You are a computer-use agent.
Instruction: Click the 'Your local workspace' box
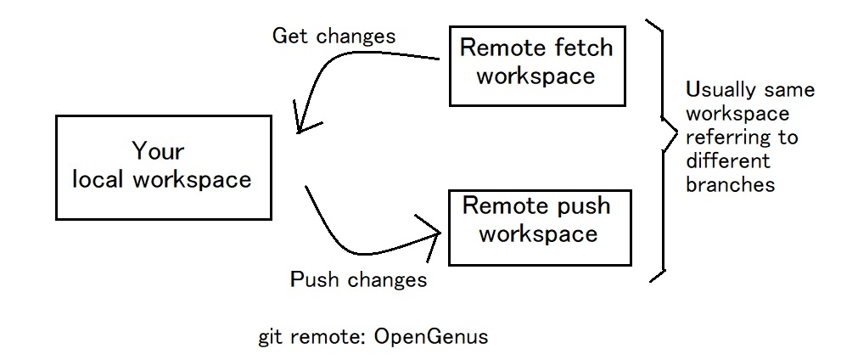(164, 166)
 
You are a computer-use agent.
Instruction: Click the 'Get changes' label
(334, 37)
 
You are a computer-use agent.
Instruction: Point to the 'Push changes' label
(358, 279)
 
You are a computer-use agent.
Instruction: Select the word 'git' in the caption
(271, 337)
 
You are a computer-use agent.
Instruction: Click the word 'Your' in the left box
(158, 152)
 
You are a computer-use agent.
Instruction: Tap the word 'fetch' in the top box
(581, 48)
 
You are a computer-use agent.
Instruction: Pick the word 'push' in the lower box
(580, 205)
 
